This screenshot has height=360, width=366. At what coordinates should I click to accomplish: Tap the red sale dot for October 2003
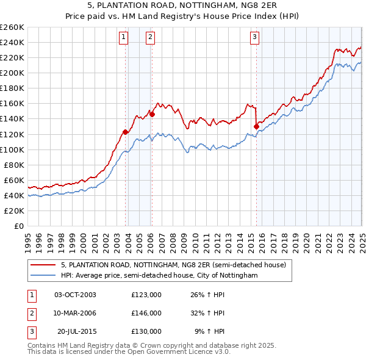point(126,132)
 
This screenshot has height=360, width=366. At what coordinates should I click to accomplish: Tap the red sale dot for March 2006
point(152,114)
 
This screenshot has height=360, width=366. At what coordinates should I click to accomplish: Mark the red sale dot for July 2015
point(256,126)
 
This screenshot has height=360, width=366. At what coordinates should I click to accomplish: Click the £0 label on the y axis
point(19,226)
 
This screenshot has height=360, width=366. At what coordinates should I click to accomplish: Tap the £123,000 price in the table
point(146,295)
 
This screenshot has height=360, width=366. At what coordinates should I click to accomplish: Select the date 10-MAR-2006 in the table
point(76,313)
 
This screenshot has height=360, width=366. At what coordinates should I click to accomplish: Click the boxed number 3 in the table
point(30,331)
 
